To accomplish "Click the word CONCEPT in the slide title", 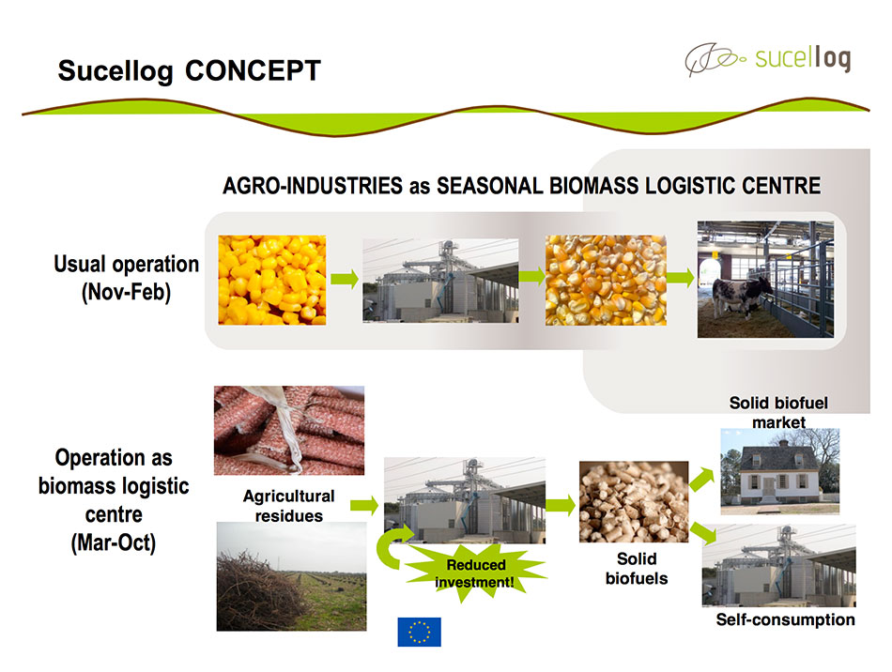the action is coord(253,71).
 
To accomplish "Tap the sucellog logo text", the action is coord(803,58).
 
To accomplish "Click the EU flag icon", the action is coord(420,632).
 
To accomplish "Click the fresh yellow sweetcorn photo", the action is coord(272,280).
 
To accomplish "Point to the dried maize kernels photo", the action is coord(606,280).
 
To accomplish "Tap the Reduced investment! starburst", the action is coord(476,573).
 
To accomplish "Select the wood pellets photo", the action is coord(634,501).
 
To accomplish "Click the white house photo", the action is coord(780,471).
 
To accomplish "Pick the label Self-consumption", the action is coord(785,619).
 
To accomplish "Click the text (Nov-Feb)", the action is coord(127,292).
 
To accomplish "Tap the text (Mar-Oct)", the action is coord(114,542).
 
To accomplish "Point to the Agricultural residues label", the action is coord(289,506).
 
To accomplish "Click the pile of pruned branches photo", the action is coord(291,576).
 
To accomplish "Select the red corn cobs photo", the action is coord(289,431).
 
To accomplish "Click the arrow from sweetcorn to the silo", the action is coord(345,279).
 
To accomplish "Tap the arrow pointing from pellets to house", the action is coord(702,479).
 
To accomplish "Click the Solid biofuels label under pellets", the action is coord(637,569).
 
